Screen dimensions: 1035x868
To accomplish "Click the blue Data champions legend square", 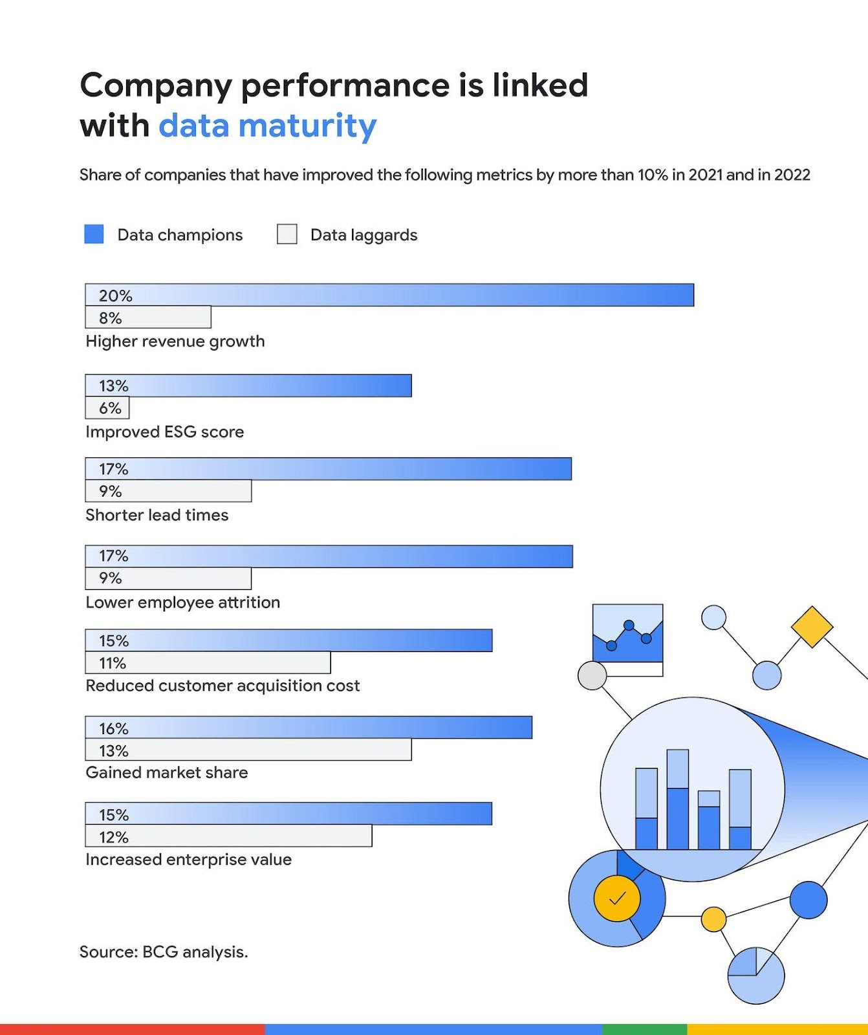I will coord(94,234).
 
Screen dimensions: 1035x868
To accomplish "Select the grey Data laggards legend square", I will coord(287,234).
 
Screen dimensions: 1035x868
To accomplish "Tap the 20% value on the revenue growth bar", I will coord(115,296).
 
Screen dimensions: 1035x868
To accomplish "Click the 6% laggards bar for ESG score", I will coord(108,408).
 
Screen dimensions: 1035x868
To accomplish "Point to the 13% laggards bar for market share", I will coord(248,750).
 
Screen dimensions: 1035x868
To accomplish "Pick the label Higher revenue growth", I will coord(175,341).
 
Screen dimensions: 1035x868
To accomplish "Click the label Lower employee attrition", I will coord(183,602).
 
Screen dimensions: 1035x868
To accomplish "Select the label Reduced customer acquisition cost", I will coord(222,686).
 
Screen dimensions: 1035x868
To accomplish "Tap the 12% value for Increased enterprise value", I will coord(114,837).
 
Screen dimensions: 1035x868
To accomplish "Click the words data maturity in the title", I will coord(267,125).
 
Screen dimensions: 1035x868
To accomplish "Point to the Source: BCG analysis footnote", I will coord(164,952).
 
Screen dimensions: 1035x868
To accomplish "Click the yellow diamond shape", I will coord(812,626).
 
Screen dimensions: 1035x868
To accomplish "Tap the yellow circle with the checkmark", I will coord(617,898).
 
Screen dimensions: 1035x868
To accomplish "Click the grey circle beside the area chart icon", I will coord(592,675).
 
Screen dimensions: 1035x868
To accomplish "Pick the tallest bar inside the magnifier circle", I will coord(677,799).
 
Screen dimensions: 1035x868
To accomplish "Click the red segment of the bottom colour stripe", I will coord(132,1029).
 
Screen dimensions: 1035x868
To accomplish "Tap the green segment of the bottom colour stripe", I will coord(644,1029).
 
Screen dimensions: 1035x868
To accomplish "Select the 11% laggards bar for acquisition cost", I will coord(208,663).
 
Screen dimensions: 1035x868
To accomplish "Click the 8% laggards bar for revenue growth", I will coord(149,318).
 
